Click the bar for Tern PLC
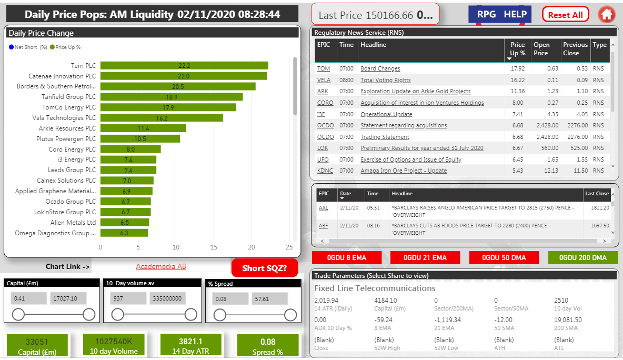pos(184,66)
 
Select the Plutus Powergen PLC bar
pos(140,139)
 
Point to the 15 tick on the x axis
pos(214,247)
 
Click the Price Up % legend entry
pos(65,47)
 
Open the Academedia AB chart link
pos(160,267)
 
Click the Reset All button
pos(565,15)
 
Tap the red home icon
pos(607,15)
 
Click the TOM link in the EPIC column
pos(323,69)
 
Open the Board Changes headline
pos(380,69)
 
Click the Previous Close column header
pos(575,49)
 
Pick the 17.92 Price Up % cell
pos(517,69)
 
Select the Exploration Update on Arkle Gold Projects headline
pos(415,92)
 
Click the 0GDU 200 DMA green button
pos(582,258)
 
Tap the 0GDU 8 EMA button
pos(347,258)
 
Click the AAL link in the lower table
pos(323,208)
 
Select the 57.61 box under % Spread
pos(269,299)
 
